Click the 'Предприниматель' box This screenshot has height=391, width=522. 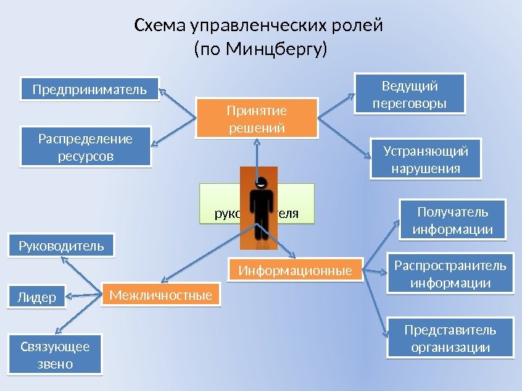pos(89,90)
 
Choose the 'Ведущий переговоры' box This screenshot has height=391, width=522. pos(409,95)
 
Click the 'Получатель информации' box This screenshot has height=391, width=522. pos(452,220)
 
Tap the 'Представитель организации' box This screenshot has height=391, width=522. pos(450,338)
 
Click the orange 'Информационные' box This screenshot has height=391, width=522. pos(295,271)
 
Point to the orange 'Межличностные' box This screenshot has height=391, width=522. pos(161,295)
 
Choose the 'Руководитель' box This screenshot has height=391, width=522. pos(61,245)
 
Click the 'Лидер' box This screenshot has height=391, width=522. pos(36,297)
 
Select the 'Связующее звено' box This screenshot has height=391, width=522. pos(54,354)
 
